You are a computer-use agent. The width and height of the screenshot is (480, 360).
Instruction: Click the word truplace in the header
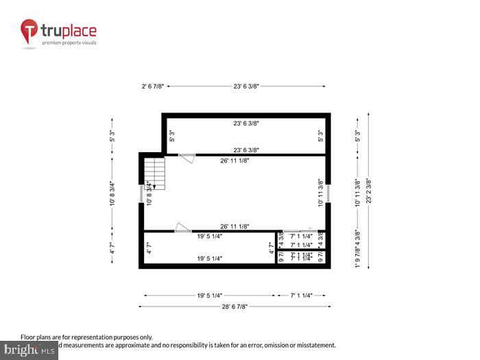69,30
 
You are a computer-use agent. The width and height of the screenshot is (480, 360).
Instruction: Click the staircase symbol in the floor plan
154,171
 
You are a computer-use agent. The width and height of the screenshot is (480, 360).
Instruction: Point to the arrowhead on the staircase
156,185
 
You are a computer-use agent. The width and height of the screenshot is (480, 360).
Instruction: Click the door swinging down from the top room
187,158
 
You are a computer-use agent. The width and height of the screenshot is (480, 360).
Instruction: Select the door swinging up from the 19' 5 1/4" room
182,227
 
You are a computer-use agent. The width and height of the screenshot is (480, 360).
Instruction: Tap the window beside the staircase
141,193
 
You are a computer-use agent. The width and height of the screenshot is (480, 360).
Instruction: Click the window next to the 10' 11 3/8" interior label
327,193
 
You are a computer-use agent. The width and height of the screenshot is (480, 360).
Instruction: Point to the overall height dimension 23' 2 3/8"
369,191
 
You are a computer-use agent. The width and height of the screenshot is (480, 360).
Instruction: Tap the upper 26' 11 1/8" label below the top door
234,160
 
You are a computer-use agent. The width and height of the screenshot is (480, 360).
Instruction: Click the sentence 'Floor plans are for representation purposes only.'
86,337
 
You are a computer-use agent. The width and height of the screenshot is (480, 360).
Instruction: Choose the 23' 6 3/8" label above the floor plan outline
245,87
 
